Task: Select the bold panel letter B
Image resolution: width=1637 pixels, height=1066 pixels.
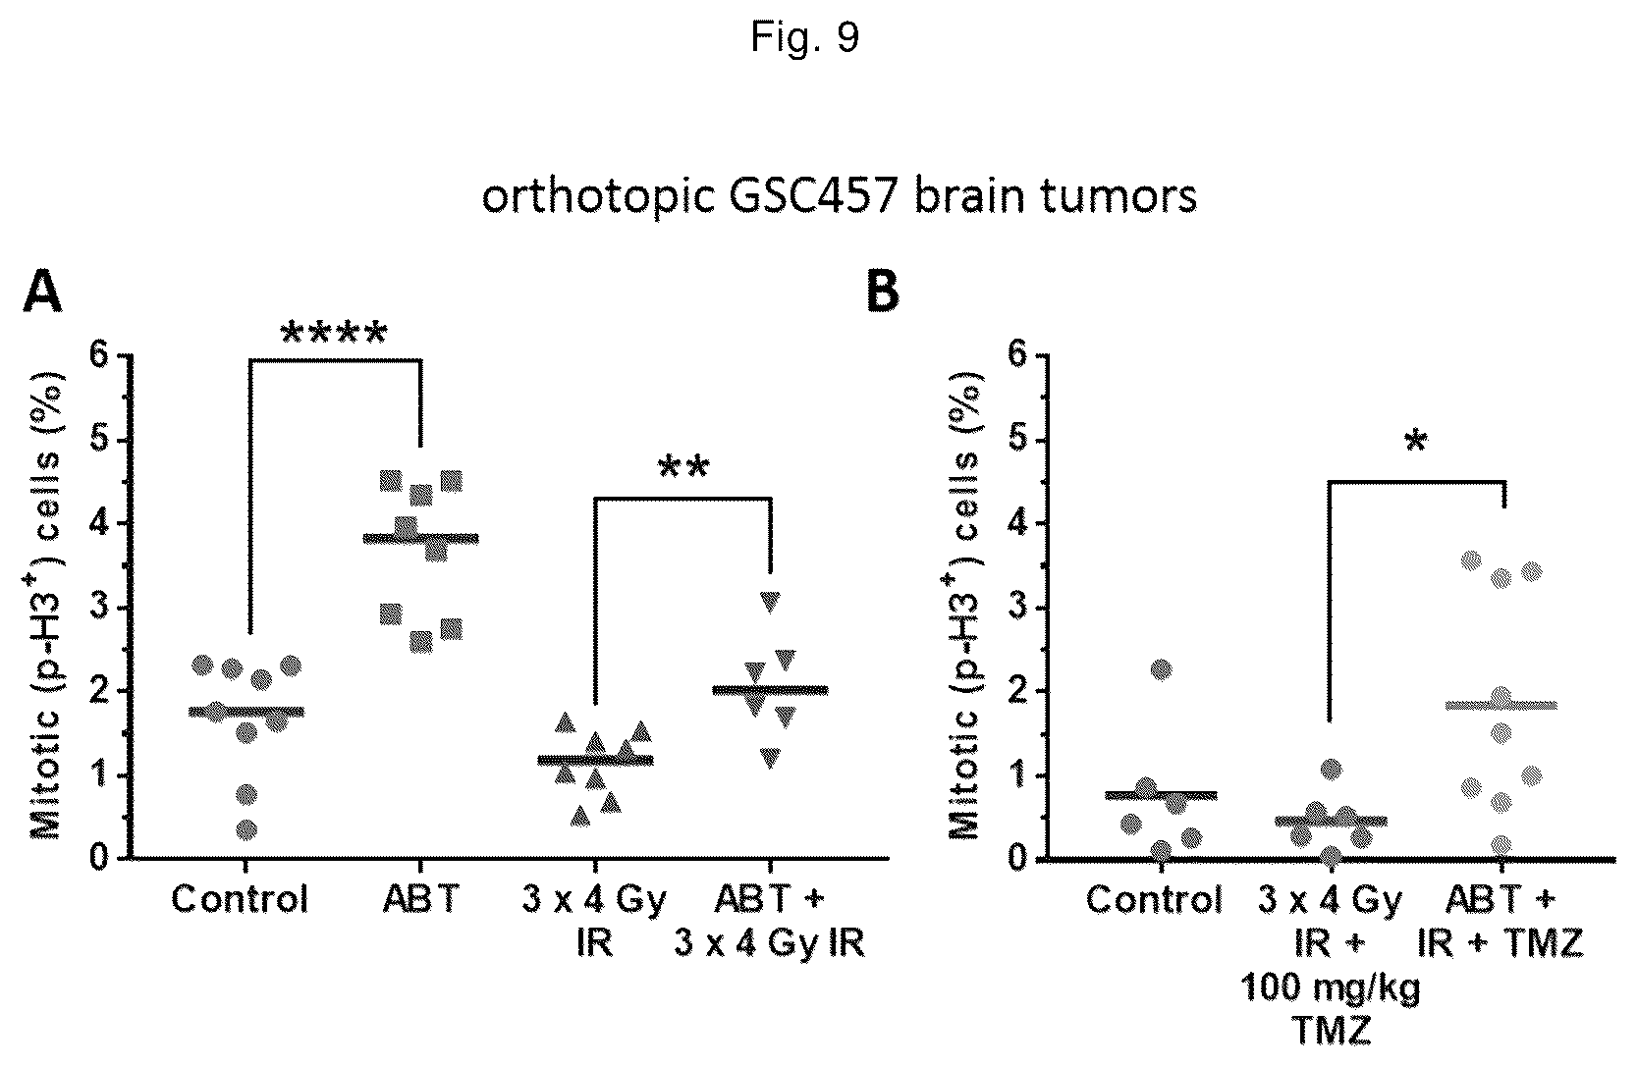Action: click(882, 292)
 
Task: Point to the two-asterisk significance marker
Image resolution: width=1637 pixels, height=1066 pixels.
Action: click(683, 467)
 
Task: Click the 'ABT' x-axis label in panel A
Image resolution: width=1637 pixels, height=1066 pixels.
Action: click(421, 899)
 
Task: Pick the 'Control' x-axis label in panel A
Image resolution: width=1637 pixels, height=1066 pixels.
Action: click(240, 899)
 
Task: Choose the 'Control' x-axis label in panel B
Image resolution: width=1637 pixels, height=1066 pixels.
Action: click(1154, 899)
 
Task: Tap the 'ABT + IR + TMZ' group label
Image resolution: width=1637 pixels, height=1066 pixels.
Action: click(1501, 922)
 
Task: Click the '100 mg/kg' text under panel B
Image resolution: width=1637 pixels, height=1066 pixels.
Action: click(1330, 988)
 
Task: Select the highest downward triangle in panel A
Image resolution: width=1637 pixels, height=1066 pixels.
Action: click(770, 602)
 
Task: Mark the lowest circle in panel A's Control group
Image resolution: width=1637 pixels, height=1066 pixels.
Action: click(246, 829)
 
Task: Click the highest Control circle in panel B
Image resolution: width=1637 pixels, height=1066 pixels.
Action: click(1161, 668)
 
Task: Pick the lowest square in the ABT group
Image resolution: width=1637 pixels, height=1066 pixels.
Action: click(421, 643)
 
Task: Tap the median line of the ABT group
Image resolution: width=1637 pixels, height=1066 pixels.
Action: click(421, 539)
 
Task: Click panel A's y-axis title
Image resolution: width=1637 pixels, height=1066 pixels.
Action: click(47, 606)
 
